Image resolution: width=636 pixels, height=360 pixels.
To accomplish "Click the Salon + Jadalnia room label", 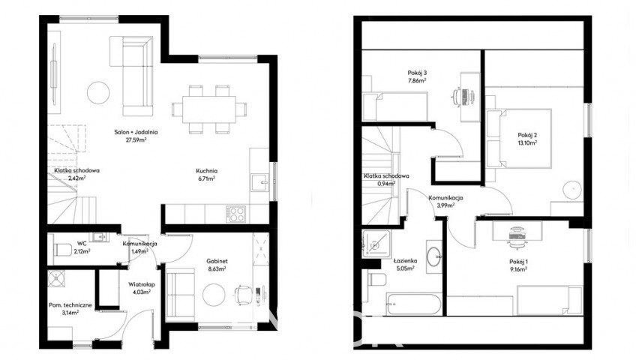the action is click(x=136, y=132).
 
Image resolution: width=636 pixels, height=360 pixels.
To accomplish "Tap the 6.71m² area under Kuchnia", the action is click(x=205, y=178).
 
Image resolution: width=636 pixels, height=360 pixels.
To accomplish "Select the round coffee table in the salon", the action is click(x=98, y=93).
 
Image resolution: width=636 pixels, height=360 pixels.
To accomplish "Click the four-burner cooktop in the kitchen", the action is click(x=235, y=214).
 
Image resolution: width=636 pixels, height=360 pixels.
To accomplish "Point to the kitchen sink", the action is click(x=259, y=182).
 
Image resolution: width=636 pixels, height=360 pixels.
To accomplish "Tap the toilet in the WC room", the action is click(x=62, y=249).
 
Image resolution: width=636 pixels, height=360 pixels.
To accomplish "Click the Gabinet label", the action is click(x=217, y=262).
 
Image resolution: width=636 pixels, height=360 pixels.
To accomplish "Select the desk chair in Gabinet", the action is click(x=242, y=294).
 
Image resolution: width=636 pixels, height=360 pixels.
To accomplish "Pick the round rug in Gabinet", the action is click(x=214, y=295).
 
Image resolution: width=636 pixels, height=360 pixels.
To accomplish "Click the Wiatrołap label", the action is click(x=142, y=284).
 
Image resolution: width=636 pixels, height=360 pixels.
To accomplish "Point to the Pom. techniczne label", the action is click(x=70, y=305).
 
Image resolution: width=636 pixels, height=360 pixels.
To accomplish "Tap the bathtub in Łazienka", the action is click(x=414, y=304).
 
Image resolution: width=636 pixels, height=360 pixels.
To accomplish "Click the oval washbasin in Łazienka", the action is click(x=434, y=256).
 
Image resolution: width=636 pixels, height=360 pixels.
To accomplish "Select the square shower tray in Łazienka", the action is click(x=376, y=244).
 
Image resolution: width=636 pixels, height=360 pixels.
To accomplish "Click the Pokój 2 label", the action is click(x=527, y=136).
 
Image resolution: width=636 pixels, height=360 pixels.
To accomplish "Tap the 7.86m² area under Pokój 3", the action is click(x=417, y=81).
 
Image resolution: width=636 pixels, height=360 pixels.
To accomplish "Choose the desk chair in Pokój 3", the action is click(x=460, y=97).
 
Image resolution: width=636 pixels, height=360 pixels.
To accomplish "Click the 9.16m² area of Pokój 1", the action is click(x=518, y=269).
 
